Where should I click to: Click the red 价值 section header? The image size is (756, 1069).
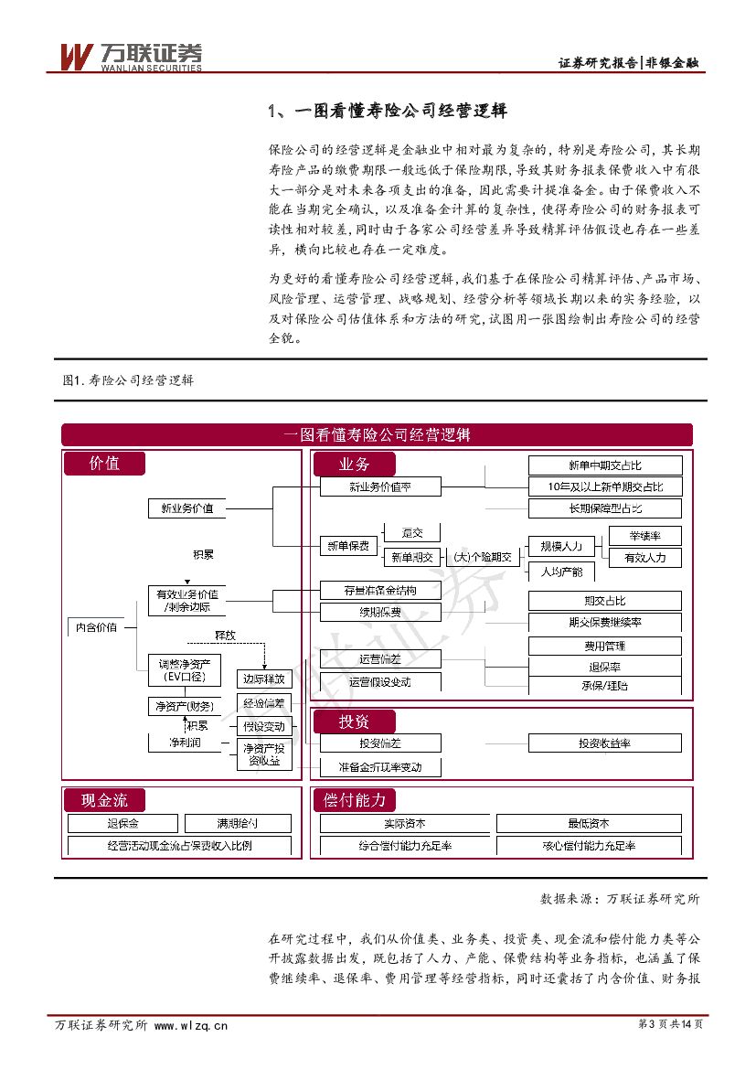point(104,464)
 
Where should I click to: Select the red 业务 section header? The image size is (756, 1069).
point(355,464)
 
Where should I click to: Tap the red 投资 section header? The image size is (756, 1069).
point(355,722)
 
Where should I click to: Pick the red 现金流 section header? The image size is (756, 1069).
point(104,800)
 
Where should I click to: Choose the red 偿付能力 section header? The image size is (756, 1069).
point(356,800)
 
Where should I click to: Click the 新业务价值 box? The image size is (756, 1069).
point(187,508)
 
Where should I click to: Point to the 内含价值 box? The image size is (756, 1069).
point(96,627)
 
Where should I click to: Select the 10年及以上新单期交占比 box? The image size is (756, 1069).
point(605,486)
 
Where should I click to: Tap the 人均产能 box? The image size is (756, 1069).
point(561,572)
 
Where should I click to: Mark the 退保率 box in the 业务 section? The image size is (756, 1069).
point(605,668)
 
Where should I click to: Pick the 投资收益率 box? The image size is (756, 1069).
point(605,743)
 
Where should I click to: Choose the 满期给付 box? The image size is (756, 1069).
point(238,823)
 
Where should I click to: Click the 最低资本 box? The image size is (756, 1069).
point(589,823)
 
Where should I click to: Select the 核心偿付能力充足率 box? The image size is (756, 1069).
point(589,846)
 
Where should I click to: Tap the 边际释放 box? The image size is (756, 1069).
point(264,679)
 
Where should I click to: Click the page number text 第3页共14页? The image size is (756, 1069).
point(669,1024)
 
